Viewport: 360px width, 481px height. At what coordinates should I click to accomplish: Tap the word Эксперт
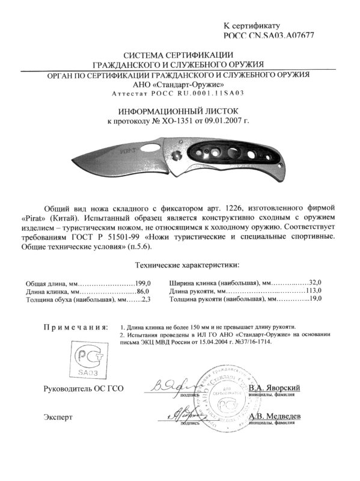pyautogui.click(x=58, y=416)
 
